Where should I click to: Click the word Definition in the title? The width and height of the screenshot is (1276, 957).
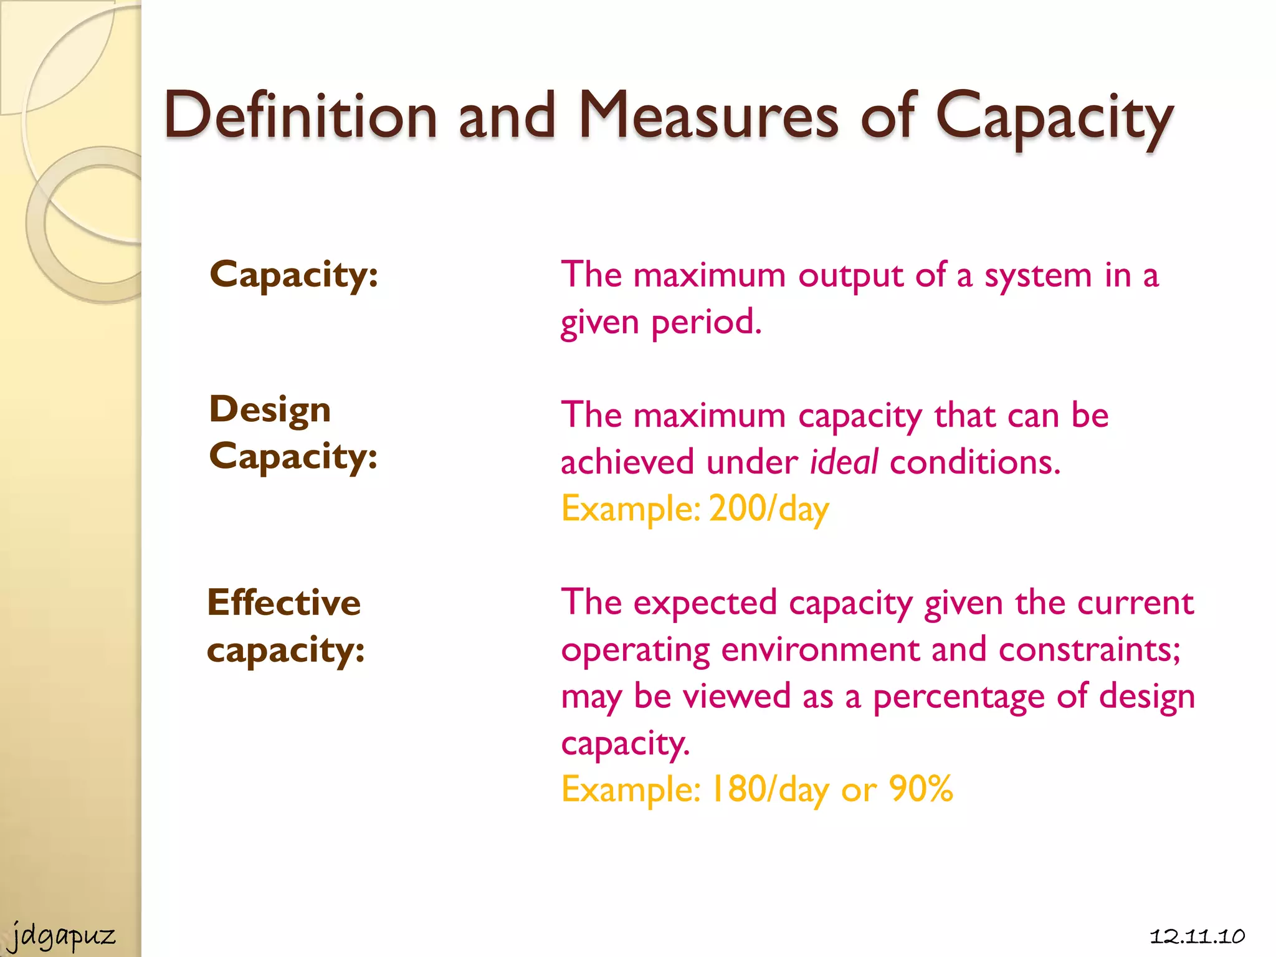click(x=300, y=116)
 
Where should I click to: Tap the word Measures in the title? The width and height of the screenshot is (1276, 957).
click(x=708, y=116)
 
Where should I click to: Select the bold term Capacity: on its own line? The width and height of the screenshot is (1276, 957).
click(x=293, y=275)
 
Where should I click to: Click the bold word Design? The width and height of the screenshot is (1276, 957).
click(x=270, y=411)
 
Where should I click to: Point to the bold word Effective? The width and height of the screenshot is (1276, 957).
click(x=284, y=602)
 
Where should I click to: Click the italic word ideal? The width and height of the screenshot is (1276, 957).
click(x=844, y=462)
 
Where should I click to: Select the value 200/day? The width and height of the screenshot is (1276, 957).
click(x=769, y=509)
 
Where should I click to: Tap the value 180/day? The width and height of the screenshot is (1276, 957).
click(x=770, y=789)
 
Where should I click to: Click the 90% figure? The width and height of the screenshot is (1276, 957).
click(x=921, y=789)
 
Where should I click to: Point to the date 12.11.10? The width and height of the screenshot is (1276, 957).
click(x=1197, y=936)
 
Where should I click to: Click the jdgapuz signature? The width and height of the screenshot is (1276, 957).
click(x=63, y=936)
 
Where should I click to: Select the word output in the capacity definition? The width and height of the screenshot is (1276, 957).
click(x=850, y=276)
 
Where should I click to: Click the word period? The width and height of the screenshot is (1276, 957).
click(x=707, y=323)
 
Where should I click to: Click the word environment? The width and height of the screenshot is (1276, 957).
click(x=820, y=650)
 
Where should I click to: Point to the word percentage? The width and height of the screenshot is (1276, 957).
click(x=958, y=697)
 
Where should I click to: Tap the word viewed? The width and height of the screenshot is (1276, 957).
click(x=736, y=696)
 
